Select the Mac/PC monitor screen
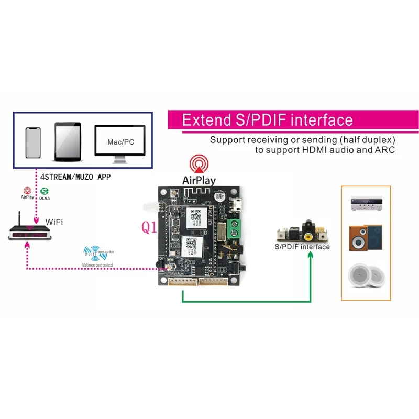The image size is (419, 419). pos(119,140)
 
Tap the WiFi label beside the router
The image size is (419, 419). pos(54,222)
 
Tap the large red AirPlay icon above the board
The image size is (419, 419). pos(199,164)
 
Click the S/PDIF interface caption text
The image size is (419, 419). pos(302,246)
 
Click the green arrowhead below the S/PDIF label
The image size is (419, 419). pos(311,255)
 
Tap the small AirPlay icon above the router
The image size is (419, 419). pos(27,192)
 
